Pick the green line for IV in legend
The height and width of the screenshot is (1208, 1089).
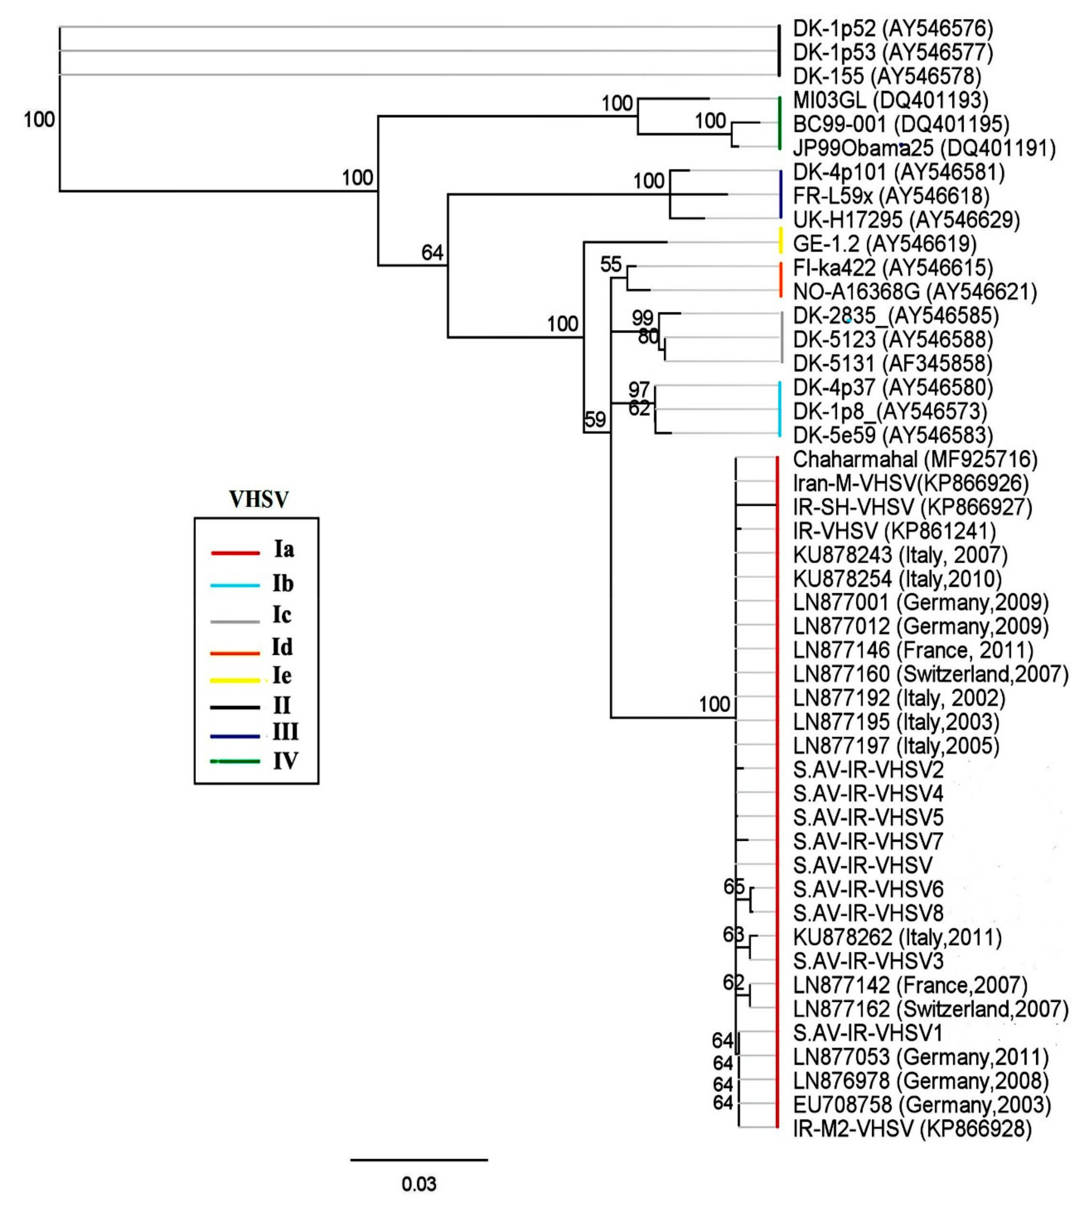pos(235,761)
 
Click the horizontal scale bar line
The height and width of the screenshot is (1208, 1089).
pos(419,1159)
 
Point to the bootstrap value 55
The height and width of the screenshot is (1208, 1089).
pos(611,264)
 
